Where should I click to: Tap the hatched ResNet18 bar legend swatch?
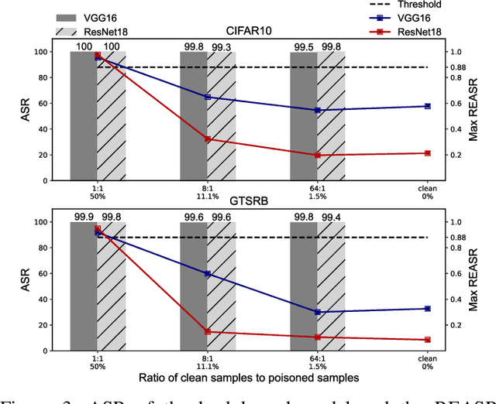point(71,30)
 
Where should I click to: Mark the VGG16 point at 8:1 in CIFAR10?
point(207,97)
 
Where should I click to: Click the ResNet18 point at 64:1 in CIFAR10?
point(317,156)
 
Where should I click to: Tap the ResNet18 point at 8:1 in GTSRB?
point(207,331)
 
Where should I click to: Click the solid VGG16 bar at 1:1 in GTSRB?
point(84,286)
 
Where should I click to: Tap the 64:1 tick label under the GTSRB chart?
point(317,358)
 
